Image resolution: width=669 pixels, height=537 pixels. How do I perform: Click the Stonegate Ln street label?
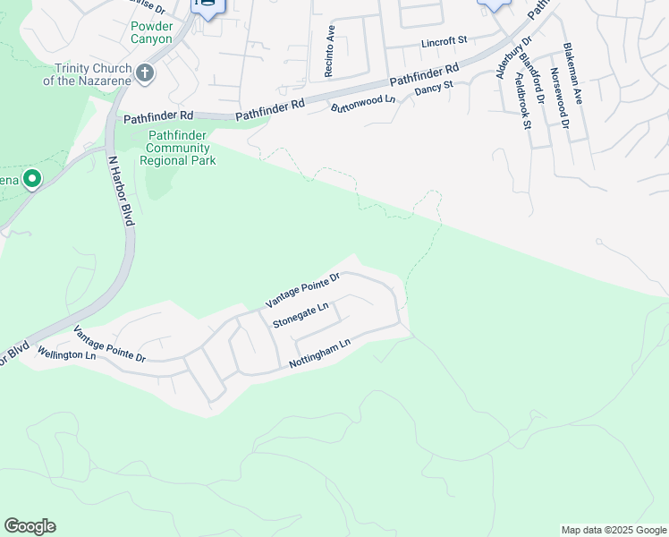click(x=301, y=316)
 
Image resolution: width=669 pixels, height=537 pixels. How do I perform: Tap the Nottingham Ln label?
click(x=320, y=354)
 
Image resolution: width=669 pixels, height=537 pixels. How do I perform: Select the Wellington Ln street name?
click(x=66, y=355)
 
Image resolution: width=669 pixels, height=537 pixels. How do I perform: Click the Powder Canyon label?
click(x=151, y=32)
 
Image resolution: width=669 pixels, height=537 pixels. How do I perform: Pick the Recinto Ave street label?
click(x=329, y=50)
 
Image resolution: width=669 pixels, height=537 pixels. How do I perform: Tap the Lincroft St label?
click(x=445, y=41)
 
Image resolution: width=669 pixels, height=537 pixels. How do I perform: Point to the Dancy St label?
click(x=434, y=89)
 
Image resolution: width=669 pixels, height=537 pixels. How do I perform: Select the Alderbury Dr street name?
click(x=512, y=58)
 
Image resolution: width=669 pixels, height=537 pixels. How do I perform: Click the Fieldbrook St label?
click(x=521, y=98)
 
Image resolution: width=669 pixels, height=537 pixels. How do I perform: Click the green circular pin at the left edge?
click(x=33, y=180)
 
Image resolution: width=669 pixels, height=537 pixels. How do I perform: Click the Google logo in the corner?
click(x=30, y=526)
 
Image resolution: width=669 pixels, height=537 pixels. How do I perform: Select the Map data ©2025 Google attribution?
click(x=614, y=530)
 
